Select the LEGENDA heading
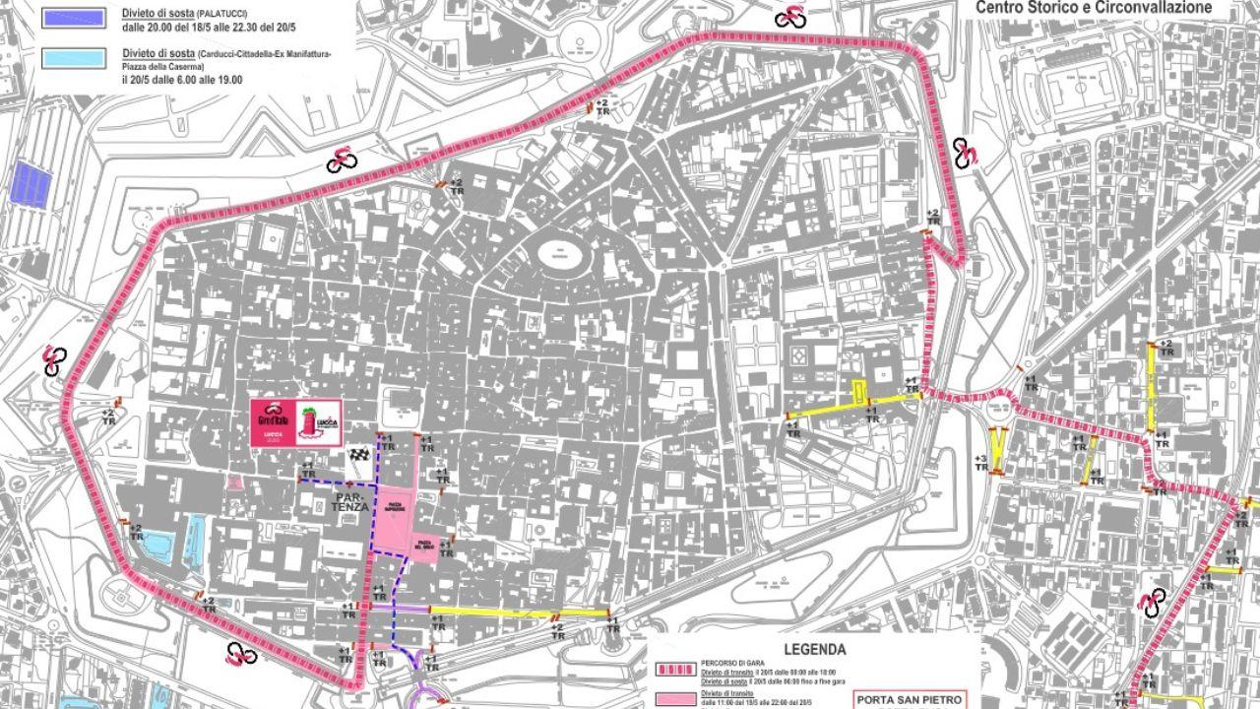[814, 649]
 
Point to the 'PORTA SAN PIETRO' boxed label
[901, 700]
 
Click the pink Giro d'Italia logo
[271, 421]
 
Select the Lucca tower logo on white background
[319, 421]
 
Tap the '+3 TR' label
[980, 464]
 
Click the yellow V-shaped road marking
[998, 449]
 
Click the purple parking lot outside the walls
[32, 184]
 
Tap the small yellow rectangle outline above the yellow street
[859, 392]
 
